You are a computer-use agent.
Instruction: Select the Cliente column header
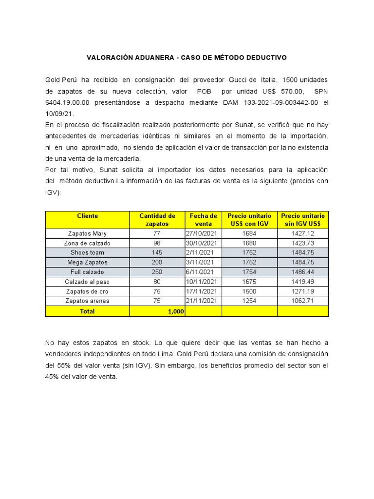click(x=88, y=216)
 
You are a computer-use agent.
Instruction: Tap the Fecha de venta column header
click(x=204, y=220)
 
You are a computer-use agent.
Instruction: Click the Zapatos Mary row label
click(x=88, y=233)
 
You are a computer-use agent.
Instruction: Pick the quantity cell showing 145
click(x=156, y=252)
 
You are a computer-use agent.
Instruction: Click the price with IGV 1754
click(x=249, y=272)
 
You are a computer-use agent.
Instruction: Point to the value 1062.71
click(x=302, y=301)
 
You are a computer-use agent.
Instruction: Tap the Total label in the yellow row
click(x=88, y=311)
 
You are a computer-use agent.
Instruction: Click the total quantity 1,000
click(x=176, y=311)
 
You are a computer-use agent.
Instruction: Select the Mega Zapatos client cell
click(x=88, y=262)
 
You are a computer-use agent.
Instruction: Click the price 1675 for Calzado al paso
click(x=249, y=282)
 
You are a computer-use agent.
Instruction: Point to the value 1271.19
click(x=302, y=291)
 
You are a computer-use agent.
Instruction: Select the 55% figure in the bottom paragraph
click(x=59, y=365)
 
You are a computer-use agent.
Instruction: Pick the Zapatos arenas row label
click(x=88, y=301)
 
